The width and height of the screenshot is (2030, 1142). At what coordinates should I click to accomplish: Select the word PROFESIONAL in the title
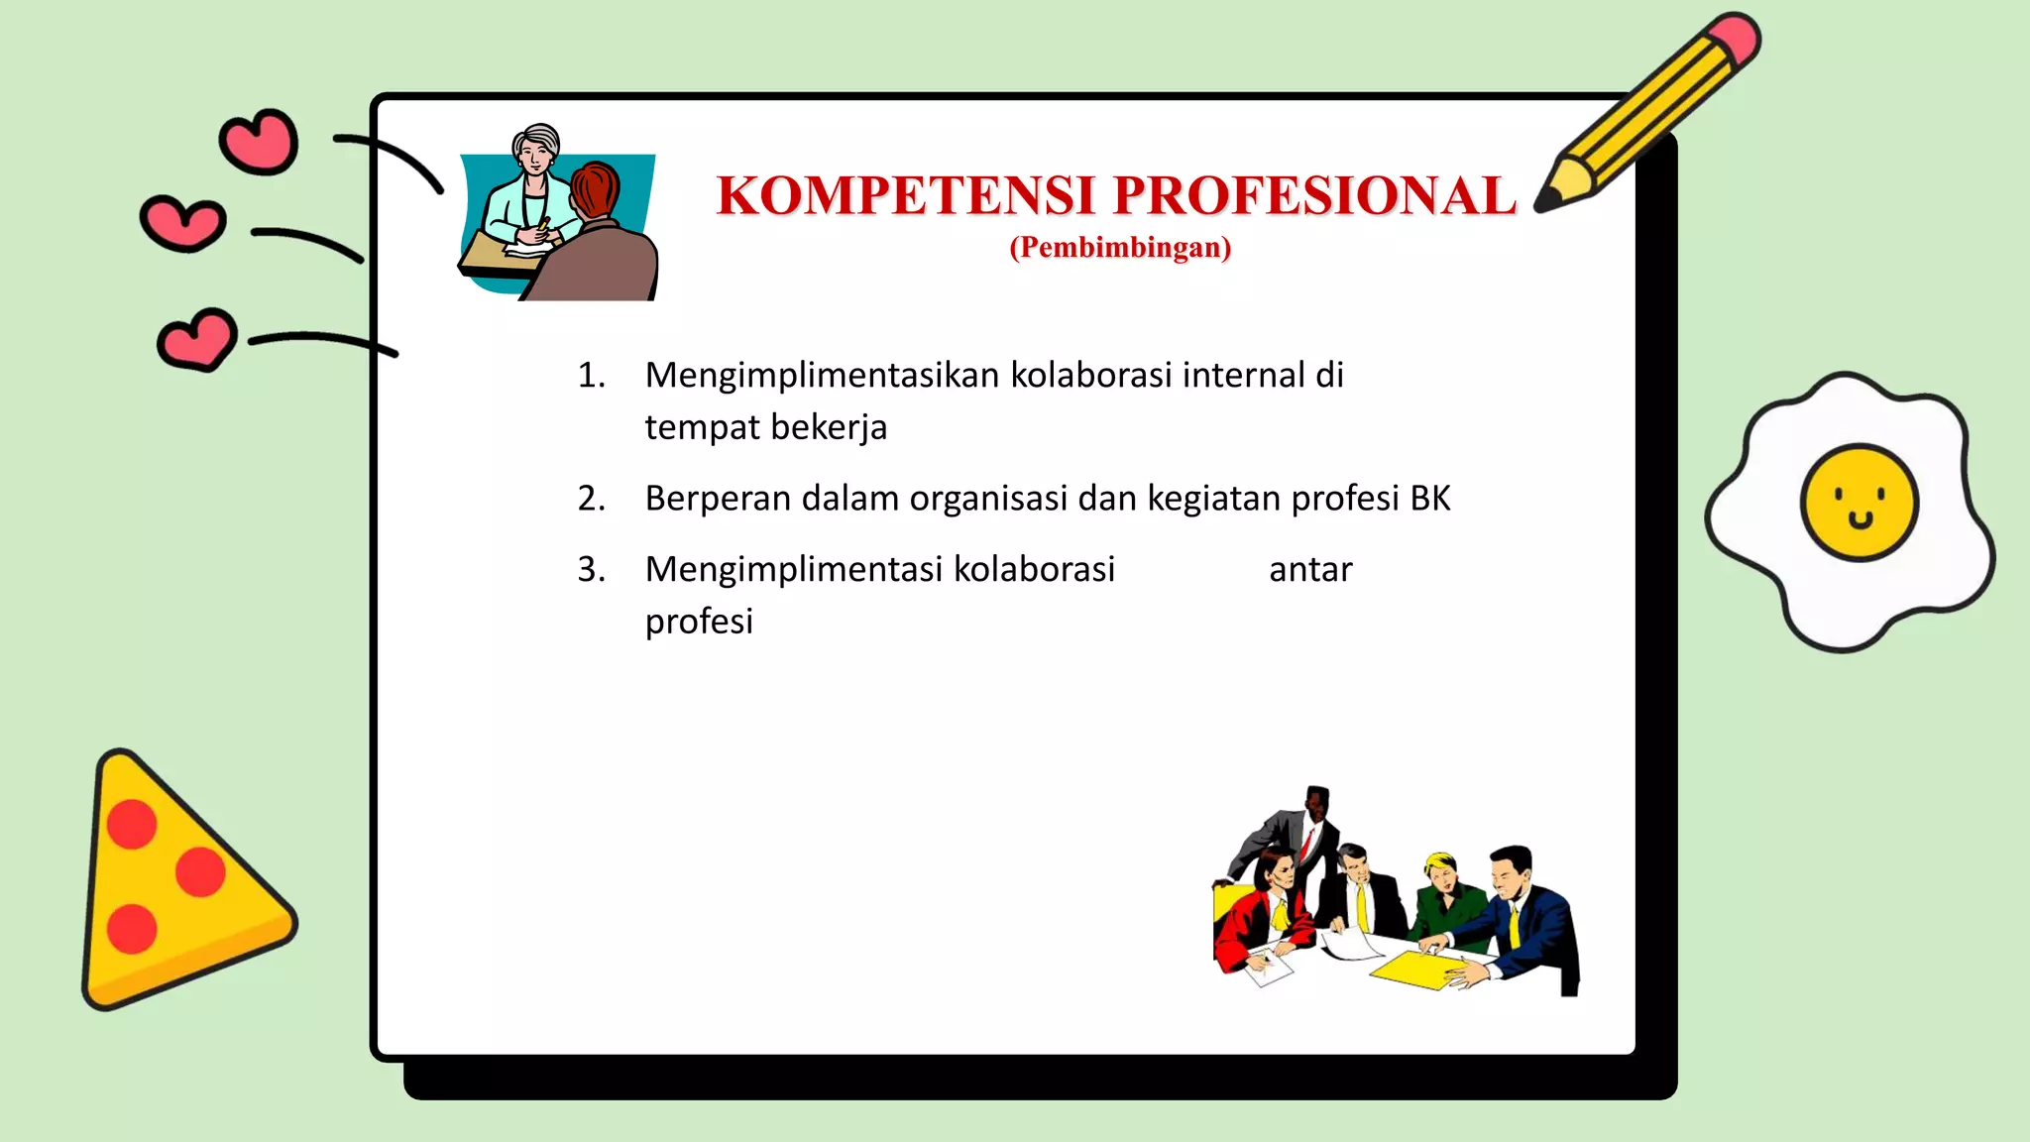pyautogui.click(x=1315, y=195)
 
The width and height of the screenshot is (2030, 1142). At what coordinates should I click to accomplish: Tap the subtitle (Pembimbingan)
pyautogui.click(x=1120, y=247)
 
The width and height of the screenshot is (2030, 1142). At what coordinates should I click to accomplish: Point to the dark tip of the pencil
pyautogui.click(x=1542, y=204)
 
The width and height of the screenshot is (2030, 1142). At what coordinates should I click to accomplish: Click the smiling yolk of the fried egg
pyautogui.click(x=1859, y=502)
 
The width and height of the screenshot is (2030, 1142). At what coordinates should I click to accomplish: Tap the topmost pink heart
pyautogui.click(x=260, y=141)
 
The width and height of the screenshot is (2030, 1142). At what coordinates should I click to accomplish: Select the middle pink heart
pyautogui.click(x=182, y=222)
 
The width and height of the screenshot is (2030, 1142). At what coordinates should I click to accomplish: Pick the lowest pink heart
pyautogui.click(x=197, y=339)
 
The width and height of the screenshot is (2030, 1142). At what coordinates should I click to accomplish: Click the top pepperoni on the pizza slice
pyautogui.click(x=132, y=823)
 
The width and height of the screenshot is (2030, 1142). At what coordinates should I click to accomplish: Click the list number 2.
pyautogui.click(x=591, y=498)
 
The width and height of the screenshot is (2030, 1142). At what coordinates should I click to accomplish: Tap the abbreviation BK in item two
pyautogui.click(x=1429, y=498)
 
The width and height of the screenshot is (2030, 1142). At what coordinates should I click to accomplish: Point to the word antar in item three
pyautogui.click(x=1310, y=569)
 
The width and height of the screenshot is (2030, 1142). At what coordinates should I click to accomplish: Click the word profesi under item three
pyautogui.click(x=699, y=622)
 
